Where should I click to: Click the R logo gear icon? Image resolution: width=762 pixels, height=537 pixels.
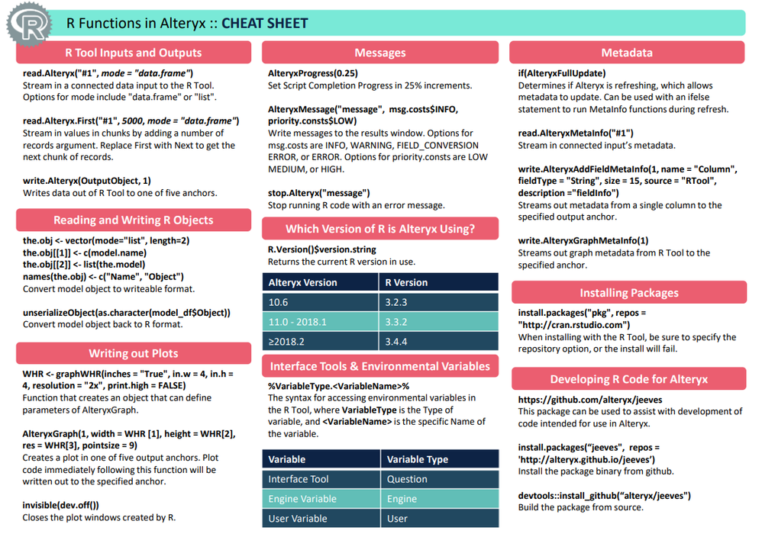click(29, 25)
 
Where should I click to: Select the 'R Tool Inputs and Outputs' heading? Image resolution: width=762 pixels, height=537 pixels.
click(134, 53)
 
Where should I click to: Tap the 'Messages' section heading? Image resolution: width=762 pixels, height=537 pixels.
click(379, 53)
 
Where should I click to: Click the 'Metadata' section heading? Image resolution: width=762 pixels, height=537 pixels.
click(626, 53)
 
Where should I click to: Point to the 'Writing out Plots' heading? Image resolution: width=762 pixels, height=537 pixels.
click(134, 353)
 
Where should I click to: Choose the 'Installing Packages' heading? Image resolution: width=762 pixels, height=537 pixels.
click(628, 293)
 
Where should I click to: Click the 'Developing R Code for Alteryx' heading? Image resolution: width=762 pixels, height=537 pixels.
click(628, 379)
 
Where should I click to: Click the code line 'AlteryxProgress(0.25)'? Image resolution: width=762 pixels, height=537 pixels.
click(312, 73)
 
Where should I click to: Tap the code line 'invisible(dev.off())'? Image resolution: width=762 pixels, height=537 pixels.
click(61, 505)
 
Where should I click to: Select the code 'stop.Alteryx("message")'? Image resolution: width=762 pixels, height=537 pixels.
click(318, 193)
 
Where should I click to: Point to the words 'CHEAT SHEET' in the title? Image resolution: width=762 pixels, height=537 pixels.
click(265, 24)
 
